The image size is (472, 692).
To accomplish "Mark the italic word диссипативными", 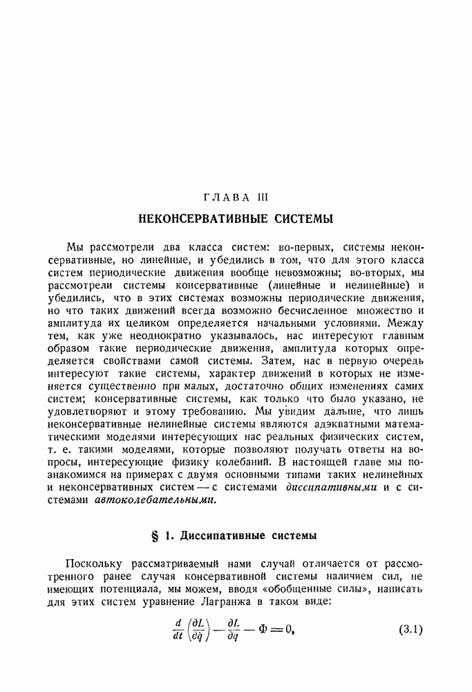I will point(331,487).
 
